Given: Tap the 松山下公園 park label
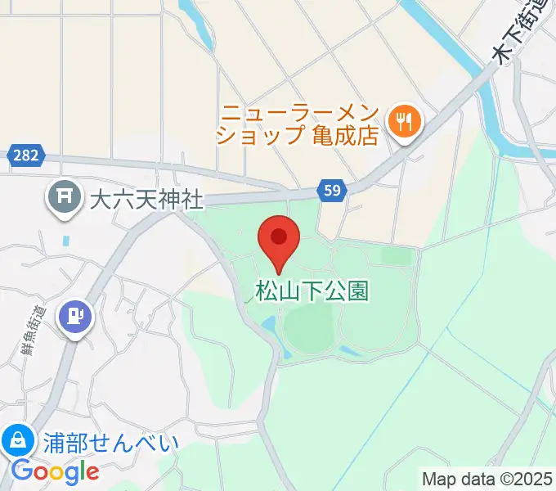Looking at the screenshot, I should pos(313,291).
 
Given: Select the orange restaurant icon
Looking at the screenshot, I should pos(404,122).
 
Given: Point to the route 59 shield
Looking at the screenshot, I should pos(333,191).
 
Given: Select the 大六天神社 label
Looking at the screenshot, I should pos(146,199).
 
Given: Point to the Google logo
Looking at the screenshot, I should pos(55,471).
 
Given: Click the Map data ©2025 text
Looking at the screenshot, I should pos(486,478).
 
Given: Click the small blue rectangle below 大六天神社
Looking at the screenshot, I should pos(65,241).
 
